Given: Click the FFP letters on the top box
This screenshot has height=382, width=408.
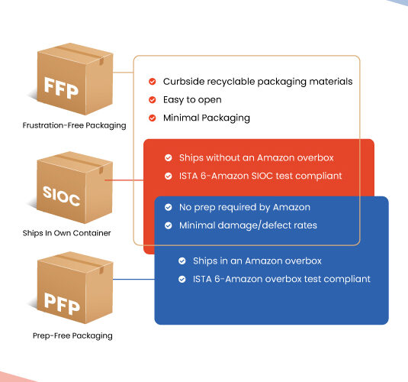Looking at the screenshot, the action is pos(62,88).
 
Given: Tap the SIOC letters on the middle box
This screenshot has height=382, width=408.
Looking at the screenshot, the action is pos(62,196).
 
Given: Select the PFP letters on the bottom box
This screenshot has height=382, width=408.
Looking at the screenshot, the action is pos(62,304).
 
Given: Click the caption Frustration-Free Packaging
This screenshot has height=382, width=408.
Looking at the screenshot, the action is pos(74,125).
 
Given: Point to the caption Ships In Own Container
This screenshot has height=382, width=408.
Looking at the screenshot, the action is pos(66,233).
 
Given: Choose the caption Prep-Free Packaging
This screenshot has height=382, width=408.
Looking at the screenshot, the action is pos(72,335).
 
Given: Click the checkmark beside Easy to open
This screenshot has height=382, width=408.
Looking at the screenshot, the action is pos(153,100).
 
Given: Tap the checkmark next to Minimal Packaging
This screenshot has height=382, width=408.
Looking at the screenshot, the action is pos(153,118).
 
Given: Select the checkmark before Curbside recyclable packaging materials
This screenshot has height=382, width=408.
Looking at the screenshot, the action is pos(153,82).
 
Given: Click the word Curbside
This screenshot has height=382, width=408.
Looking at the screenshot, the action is pos(184,81).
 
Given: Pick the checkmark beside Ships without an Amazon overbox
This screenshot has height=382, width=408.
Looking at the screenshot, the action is pos(169,157).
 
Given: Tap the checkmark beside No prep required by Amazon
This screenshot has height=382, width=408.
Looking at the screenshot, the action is pos(169,207).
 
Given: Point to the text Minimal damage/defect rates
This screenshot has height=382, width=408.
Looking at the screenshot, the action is pos(248,225).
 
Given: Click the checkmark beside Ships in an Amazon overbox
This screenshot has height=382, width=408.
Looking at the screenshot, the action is pos(182,261).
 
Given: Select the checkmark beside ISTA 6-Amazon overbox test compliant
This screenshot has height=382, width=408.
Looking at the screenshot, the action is pos(182,280).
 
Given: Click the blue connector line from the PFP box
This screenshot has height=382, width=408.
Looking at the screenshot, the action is pos(133,280).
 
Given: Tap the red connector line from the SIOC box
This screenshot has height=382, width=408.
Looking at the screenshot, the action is pos(124,180).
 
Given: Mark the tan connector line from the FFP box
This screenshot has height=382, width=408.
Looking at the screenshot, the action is pos(123,73).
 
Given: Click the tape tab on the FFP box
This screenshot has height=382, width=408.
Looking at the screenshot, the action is pos(101,62).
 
